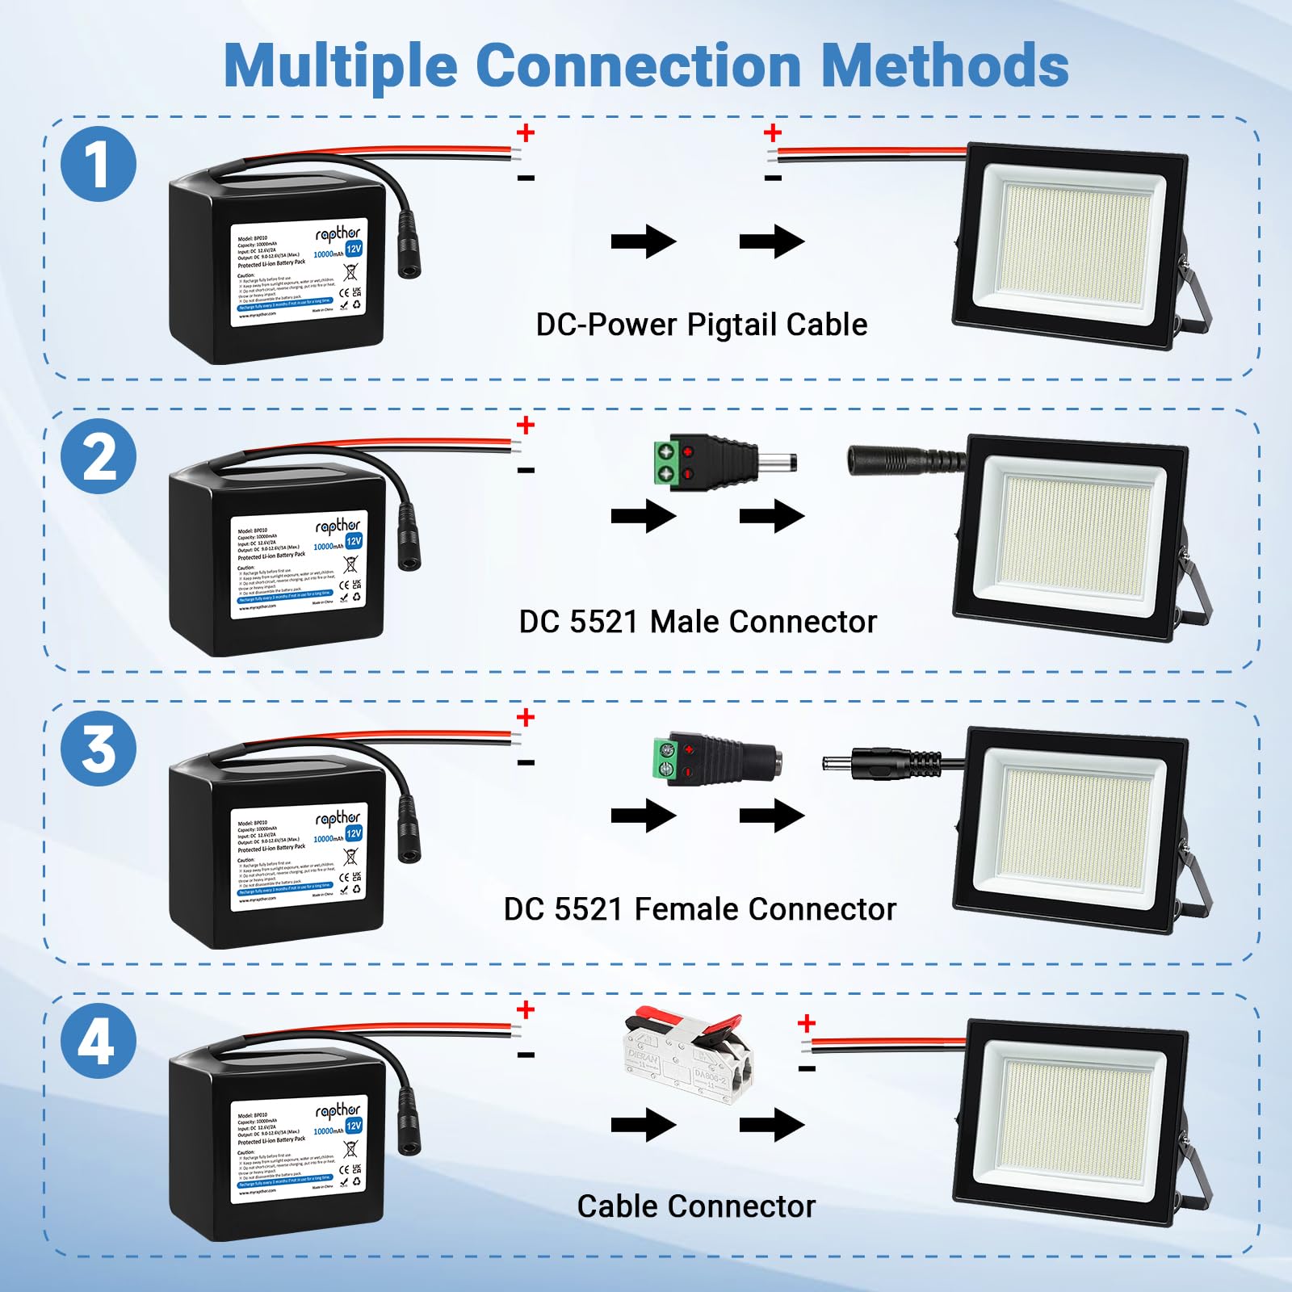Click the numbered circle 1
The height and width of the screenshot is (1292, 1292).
(99, 164)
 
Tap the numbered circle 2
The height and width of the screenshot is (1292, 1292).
(99, 456)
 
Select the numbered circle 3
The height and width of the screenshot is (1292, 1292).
(99, 749)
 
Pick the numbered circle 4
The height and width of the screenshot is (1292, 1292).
(99, 1041)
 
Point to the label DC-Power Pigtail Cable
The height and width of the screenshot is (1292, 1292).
(701, 325)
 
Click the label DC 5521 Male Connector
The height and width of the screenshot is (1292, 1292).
(698, 622)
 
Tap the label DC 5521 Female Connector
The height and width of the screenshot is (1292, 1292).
(699, 909)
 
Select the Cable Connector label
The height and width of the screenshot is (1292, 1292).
(696, 1206)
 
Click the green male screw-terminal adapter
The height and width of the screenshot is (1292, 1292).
(723, 462)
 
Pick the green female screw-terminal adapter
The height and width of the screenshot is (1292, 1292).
(715, 759)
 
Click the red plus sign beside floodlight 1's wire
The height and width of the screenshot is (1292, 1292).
(773, 132)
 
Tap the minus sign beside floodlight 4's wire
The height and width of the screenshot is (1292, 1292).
(806, 1069)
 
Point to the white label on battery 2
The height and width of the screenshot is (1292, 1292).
(298, 564)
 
